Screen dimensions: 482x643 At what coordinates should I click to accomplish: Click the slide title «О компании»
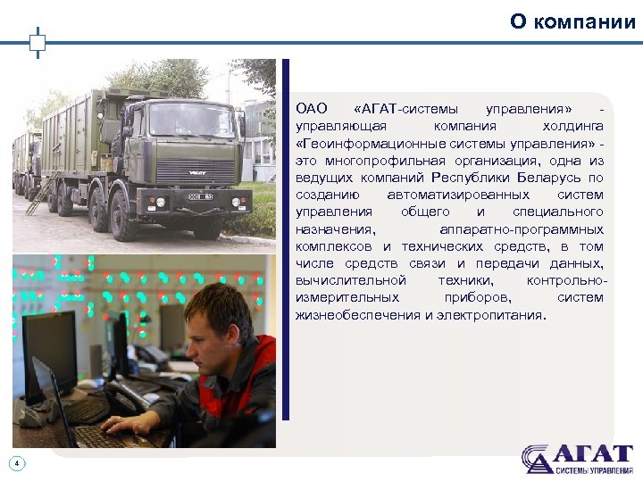(572, 21)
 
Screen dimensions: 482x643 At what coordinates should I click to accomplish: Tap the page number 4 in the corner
(16, 462)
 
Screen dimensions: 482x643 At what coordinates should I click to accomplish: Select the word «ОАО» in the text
(312, 110)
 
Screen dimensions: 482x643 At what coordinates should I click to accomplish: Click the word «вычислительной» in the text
(351, 280)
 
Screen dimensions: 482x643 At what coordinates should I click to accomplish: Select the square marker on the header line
(37, 42)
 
